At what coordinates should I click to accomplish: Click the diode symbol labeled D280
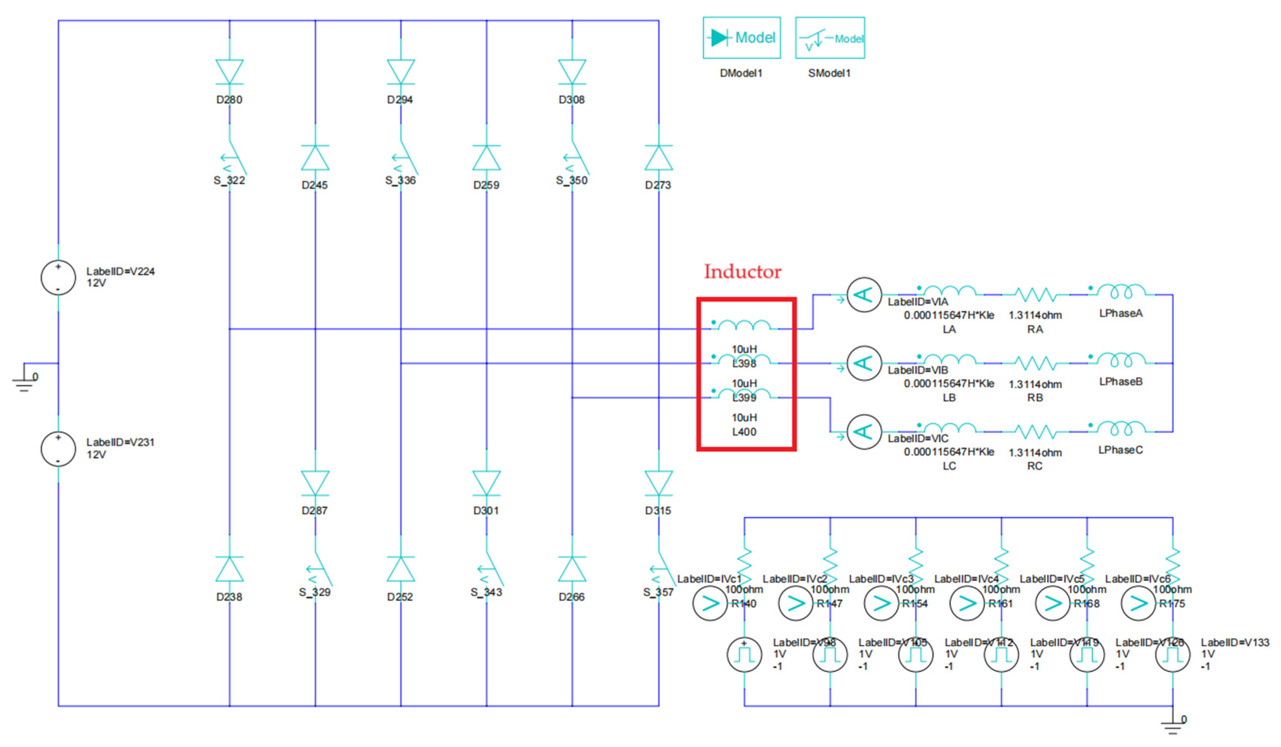(x=229, y=71)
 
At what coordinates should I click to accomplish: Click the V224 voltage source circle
(x=58, y=278)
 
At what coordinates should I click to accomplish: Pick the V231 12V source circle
(x=58, y=449)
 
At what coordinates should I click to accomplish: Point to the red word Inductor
(x=742, y=271)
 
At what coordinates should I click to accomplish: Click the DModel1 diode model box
(x=741, y=38)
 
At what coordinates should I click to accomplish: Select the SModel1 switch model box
(x=830, y=38)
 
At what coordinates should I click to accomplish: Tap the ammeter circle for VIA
(x=863, y=295)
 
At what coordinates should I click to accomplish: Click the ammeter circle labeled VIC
(x=863, y=432)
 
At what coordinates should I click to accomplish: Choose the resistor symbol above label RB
(x=1035, y=363)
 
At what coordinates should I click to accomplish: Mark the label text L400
(x=744, y=432)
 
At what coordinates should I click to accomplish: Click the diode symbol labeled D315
(x=658, y=483)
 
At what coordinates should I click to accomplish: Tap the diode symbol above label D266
(x=572, y=569)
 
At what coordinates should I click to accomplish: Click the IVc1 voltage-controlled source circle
(x=710, y=603)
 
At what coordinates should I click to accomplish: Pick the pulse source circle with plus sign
(x=744, y=654)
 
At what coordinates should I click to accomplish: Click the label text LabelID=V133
(x=1235, y=642)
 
